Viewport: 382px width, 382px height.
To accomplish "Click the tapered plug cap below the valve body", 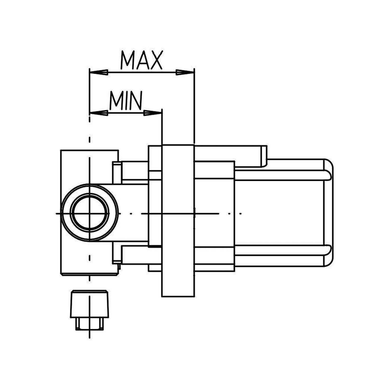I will pyautogui.click(x=90, y=304).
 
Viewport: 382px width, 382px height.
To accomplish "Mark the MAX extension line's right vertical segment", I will pyautogui.click(x=194, y=106).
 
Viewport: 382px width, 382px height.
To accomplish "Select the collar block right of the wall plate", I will pyautogui.click(x=214, y=169).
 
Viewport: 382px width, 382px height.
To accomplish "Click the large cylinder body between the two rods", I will pyautogui.click(x=278, y=213).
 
